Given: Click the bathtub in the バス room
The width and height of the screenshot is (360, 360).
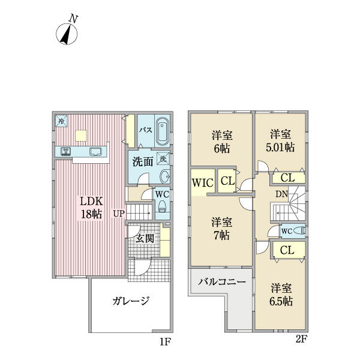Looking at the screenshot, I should pyautogui.click(x=163, y=130).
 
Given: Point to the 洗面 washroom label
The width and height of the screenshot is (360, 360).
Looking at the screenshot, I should pyautogui.click(x=142, y=161).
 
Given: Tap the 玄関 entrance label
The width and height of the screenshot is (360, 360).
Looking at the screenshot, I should pyautogui.click(x=144, y=238).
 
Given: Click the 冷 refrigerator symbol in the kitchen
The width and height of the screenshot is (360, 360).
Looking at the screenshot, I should pyautogui.click(x=62, y=121).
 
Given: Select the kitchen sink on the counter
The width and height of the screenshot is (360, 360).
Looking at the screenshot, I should pyautogui.click(x=95, y=151).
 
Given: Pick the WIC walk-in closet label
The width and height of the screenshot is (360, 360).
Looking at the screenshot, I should pyautogui.click(x=202, y=182).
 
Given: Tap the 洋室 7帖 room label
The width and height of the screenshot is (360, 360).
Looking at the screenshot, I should pyautogui.click(x=222, y=227).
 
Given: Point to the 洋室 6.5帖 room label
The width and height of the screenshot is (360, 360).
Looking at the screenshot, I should pyautogui.click(x=280, y=295).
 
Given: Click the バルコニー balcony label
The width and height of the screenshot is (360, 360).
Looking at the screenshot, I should pyautogui.click(x=221, y=281).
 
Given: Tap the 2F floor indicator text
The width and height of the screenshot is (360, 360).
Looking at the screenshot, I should pyautogui.click(x=301, y=338).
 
